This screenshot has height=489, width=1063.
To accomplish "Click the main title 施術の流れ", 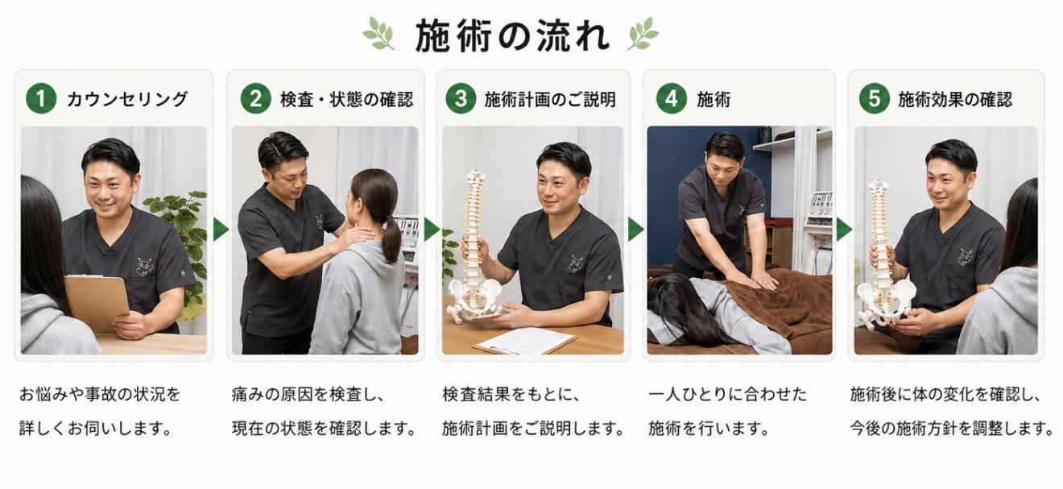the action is pyautogui.click(x=512, y=35).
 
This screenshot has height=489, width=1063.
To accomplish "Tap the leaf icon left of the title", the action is pyautogui.click(x=379, y=33).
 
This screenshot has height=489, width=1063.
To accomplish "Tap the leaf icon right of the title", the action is pyautogui.click(x=643, y=33).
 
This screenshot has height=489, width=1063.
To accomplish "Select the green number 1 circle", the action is pyautogui.click(x=41, y=99).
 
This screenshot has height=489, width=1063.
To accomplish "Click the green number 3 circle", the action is pyautogui.click(x=461, y=99).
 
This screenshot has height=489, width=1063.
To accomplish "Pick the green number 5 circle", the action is pyautogui.click(x=874, y=99).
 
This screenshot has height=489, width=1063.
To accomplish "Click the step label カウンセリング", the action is pyautogui.click(x=127, y=99).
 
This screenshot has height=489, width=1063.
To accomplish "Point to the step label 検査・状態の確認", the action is pyautogui.click(x=347, y=99).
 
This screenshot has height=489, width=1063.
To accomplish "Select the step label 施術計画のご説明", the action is pyautogui.click(x=550, y=99).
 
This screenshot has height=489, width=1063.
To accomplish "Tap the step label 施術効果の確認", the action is pyautogui.click(x=955, y=99).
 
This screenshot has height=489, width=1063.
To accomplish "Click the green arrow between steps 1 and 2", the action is pyautogui.click(x=221, y=230).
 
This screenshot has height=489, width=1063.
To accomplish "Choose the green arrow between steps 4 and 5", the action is pyautogui.click(x=844, y=230).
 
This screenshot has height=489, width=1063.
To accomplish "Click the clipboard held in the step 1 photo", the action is pyautogui.click(x=97, y=303).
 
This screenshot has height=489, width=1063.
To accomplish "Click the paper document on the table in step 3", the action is pyautogui.click(x=526, y=342).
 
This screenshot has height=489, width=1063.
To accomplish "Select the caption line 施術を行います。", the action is pyautogui.click(x=709, y=429).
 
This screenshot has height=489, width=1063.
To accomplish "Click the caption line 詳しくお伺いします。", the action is pyautogui.click(x=96, y=429).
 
